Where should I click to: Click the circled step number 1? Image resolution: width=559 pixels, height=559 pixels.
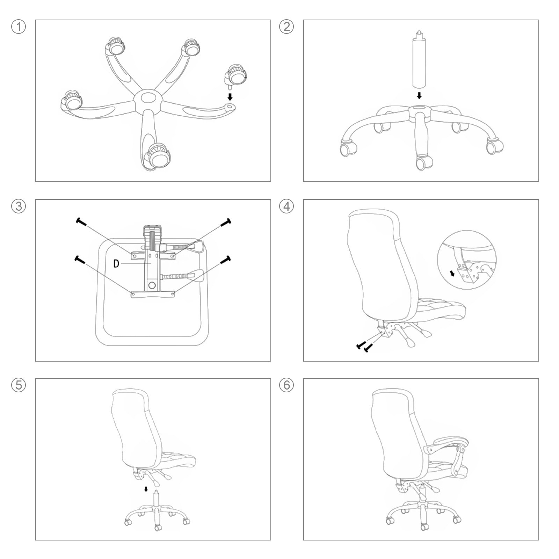pos(19,27)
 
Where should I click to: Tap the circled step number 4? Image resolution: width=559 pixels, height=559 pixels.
pos(286,206)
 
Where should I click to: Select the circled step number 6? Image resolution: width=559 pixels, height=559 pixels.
pos(286,385)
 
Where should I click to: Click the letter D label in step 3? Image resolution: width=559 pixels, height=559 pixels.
pos(116,263)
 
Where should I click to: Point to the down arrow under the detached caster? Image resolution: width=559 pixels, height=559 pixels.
pos(230,96)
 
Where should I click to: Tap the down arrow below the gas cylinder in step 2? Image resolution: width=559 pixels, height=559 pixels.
pos(419,95)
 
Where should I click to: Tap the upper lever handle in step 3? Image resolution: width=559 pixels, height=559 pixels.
pos(196,246)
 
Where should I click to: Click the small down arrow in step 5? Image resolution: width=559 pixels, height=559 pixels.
pos(146,489)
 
